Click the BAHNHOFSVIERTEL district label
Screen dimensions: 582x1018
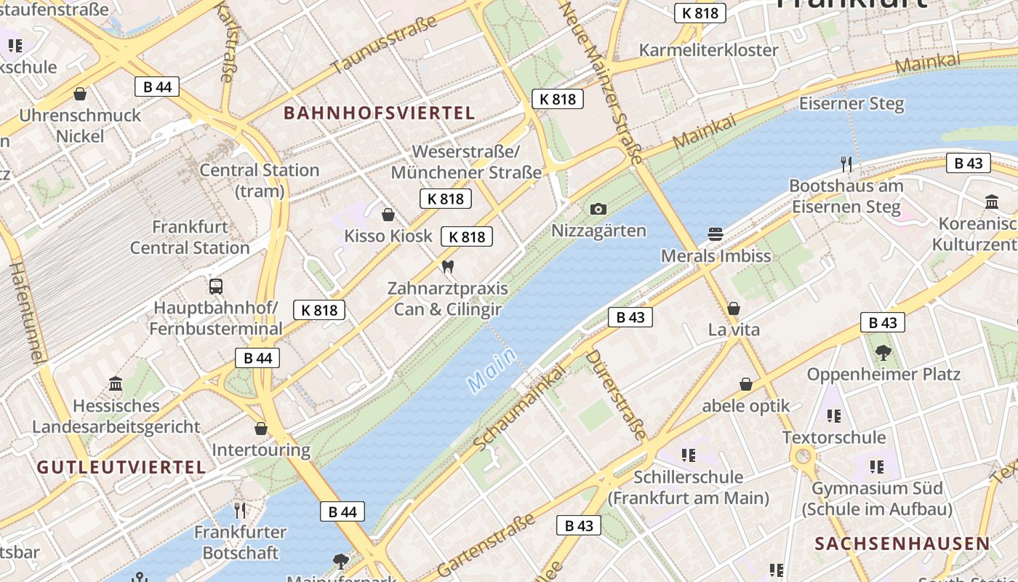click(x=379, y=113)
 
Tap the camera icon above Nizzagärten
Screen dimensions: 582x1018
click(x=598, y=210)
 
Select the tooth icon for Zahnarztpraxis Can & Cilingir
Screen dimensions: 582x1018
click(x=448, y=267)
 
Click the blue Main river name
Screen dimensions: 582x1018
click(x=492, y=370)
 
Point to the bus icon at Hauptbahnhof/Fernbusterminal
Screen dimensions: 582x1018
click(x=216, y=286)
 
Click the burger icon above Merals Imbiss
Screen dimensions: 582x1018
click(x=716, y=234)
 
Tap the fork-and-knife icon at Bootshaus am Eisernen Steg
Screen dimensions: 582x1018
click(x=846, y=164)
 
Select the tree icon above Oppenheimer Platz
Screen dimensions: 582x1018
click(x=883, y=353)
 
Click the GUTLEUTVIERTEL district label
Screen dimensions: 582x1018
click(x=121, y=468)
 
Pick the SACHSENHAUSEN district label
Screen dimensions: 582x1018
click(x=902, y=543)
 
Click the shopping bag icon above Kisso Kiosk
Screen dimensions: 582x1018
click(x=388, y=215)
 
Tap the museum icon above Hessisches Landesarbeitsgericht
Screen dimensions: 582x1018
click(x=116, y=383)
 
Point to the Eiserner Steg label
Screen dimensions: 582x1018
click(x=851, y=103)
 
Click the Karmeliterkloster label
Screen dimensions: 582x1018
click(x=708, y=50)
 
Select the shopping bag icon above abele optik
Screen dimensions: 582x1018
click(x=746, y=384)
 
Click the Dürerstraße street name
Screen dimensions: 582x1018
click(x=615, y=394)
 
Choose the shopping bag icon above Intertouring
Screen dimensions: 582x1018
click(x=261, y=428)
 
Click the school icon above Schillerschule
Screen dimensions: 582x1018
click(x=688, y=455)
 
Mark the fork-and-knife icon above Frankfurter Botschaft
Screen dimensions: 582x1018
click(x=240, y=511)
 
